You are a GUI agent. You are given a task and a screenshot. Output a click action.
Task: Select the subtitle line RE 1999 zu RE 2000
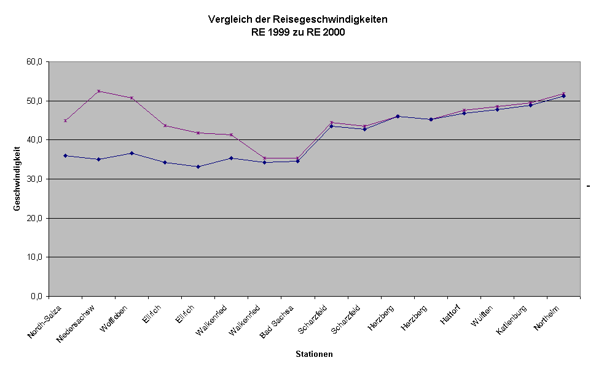pos(298,33)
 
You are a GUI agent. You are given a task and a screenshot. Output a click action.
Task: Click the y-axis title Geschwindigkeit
pos(17,179)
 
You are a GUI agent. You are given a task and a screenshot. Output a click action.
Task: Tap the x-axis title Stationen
pos(314,354)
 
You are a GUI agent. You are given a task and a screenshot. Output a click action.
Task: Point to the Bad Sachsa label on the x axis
pos(277,322)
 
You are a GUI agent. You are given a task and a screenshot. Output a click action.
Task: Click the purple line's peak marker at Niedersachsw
pos(98,91)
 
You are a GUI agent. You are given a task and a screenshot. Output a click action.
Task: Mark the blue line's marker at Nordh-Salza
pos(65,155)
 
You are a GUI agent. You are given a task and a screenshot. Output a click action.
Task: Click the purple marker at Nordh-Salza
pos(65,120)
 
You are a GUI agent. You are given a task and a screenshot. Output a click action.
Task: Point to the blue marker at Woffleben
pos(131,153)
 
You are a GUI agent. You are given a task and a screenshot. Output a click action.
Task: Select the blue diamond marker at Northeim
pos(563,96)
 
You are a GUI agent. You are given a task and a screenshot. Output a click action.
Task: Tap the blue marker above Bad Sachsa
pos(297,161)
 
